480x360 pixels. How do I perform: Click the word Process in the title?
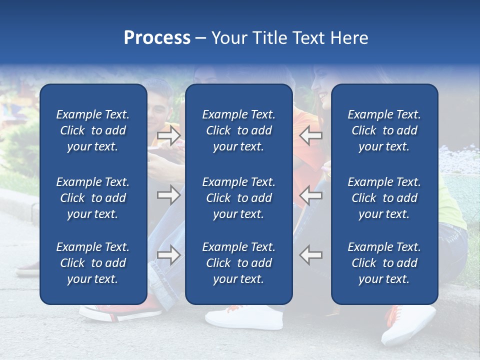click(x=157, y=38)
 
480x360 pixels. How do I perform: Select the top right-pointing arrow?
click(x=168, y=135)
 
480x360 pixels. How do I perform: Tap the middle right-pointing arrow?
click(x=168, y=195)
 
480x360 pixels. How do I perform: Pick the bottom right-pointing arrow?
click(x=168, y=255)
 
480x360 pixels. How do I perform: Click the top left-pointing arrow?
click(x=310, y=135)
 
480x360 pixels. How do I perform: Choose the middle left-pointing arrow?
click(x=310, y=195)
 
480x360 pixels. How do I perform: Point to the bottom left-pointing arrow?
click(x=310, y=255)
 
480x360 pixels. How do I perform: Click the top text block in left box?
click(x=93, y=130)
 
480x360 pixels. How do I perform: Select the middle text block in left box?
click(x=93, y=198)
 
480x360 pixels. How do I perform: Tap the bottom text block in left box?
click(x=93, y=263)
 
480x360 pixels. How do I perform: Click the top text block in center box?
click(x=238, y=130)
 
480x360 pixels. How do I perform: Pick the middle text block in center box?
click(x=238, y=198)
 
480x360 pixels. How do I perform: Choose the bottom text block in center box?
click(x=238, y=263)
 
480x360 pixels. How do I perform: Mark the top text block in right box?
click(x=384, y=130)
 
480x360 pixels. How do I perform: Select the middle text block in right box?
click(x=384, y=198)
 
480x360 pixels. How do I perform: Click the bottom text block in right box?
click(x=384, y=263)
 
